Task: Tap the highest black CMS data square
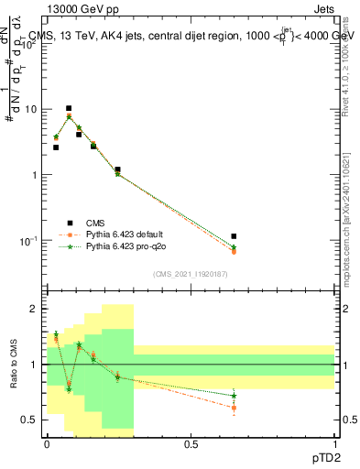pyautogui.click(x=69, y=108)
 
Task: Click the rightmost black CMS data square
pyautogui.click(x=234, y=236)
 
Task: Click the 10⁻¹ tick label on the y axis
pyautogui.click(x=29, y=241)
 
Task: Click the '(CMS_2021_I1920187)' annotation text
pyautogui.click(x=191, y=274)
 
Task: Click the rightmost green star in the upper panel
pyautogui.click(x=234, y=247)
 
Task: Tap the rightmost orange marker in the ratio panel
pyautogui.click(x=234, y=407)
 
